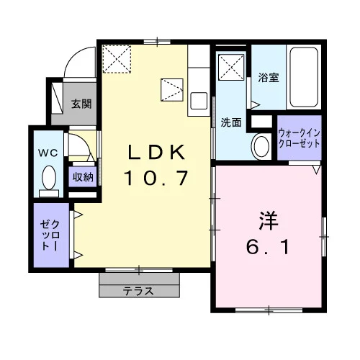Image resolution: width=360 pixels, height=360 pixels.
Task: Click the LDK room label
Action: (157, 152)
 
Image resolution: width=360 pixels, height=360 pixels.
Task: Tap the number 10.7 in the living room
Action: (156, 178)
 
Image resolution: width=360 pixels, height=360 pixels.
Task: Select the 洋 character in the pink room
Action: (268, 221)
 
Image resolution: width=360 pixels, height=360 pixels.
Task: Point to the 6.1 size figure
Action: (268, 247)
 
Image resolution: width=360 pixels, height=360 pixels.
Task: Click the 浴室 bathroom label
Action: (269, 78)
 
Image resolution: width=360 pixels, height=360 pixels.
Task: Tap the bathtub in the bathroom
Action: (304, 77)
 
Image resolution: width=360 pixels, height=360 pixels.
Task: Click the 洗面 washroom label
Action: (231, 122)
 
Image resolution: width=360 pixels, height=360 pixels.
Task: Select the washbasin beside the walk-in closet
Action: (261, 146)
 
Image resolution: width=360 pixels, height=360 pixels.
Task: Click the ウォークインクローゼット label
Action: (300, 138)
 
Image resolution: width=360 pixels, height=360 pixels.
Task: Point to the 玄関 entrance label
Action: (81, 104)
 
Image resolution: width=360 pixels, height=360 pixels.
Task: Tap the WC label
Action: (48, 153)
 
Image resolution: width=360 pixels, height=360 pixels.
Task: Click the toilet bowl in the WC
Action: (49, 178)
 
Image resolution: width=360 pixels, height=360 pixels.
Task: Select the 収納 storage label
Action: (83, 177)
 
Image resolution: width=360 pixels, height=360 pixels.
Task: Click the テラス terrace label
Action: (138, 291)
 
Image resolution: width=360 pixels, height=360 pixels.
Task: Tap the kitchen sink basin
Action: (199, 101)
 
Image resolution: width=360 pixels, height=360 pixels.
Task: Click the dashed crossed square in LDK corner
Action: (117, 59)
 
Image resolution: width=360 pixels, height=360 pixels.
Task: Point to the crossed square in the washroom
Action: (231, 67)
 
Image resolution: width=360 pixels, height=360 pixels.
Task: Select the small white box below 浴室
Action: (261, 122)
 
